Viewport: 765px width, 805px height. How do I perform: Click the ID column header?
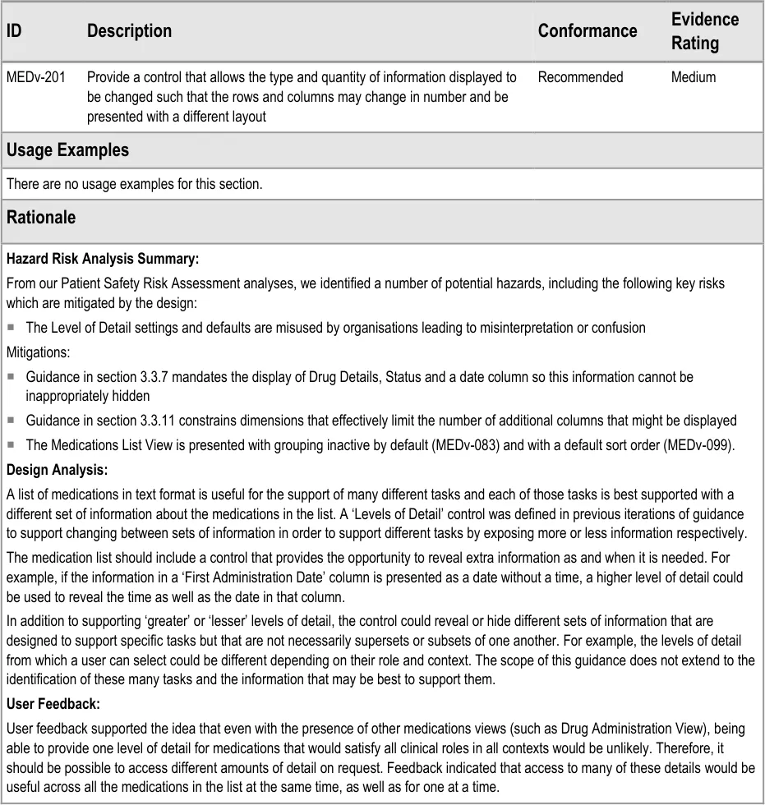[14, 31]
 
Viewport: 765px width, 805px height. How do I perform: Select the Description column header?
[129, 31]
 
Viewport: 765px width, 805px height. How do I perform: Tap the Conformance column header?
[587, 31]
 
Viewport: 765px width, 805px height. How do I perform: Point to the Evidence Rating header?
[704, 31]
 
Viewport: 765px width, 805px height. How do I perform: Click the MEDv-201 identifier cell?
[35, 77]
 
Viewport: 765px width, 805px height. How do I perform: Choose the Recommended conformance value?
[580, 77]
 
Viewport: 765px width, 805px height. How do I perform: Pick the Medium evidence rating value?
[693, 77]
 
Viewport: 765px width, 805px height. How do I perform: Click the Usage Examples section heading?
[67, 150]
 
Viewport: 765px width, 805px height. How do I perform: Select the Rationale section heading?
[40, 218]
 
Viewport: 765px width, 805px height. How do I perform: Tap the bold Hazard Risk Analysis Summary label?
[102, 259]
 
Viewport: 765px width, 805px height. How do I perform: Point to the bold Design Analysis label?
[57, 470]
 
